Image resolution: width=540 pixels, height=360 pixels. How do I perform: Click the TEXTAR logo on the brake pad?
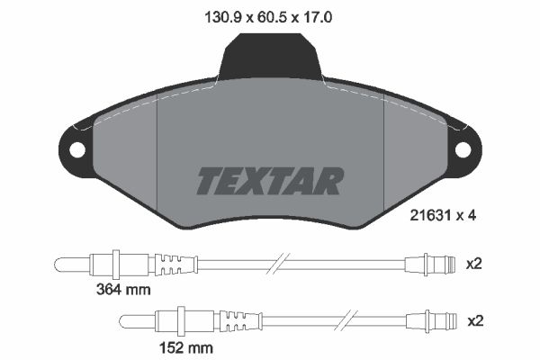pos(270,181)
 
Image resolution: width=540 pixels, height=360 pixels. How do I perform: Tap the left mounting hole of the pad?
pos(76,150)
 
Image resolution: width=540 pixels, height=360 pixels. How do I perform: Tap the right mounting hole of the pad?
pos(463,150)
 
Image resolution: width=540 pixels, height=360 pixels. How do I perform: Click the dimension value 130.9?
pos(223,17)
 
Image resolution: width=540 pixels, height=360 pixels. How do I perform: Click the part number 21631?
pos(430,216)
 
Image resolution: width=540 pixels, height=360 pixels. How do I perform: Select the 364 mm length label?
pos(123,290)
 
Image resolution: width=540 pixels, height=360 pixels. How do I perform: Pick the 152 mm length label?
pos(186,347)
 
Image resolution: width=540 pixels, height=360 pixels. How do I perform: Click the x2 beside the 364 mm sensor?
pos(474,265)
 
